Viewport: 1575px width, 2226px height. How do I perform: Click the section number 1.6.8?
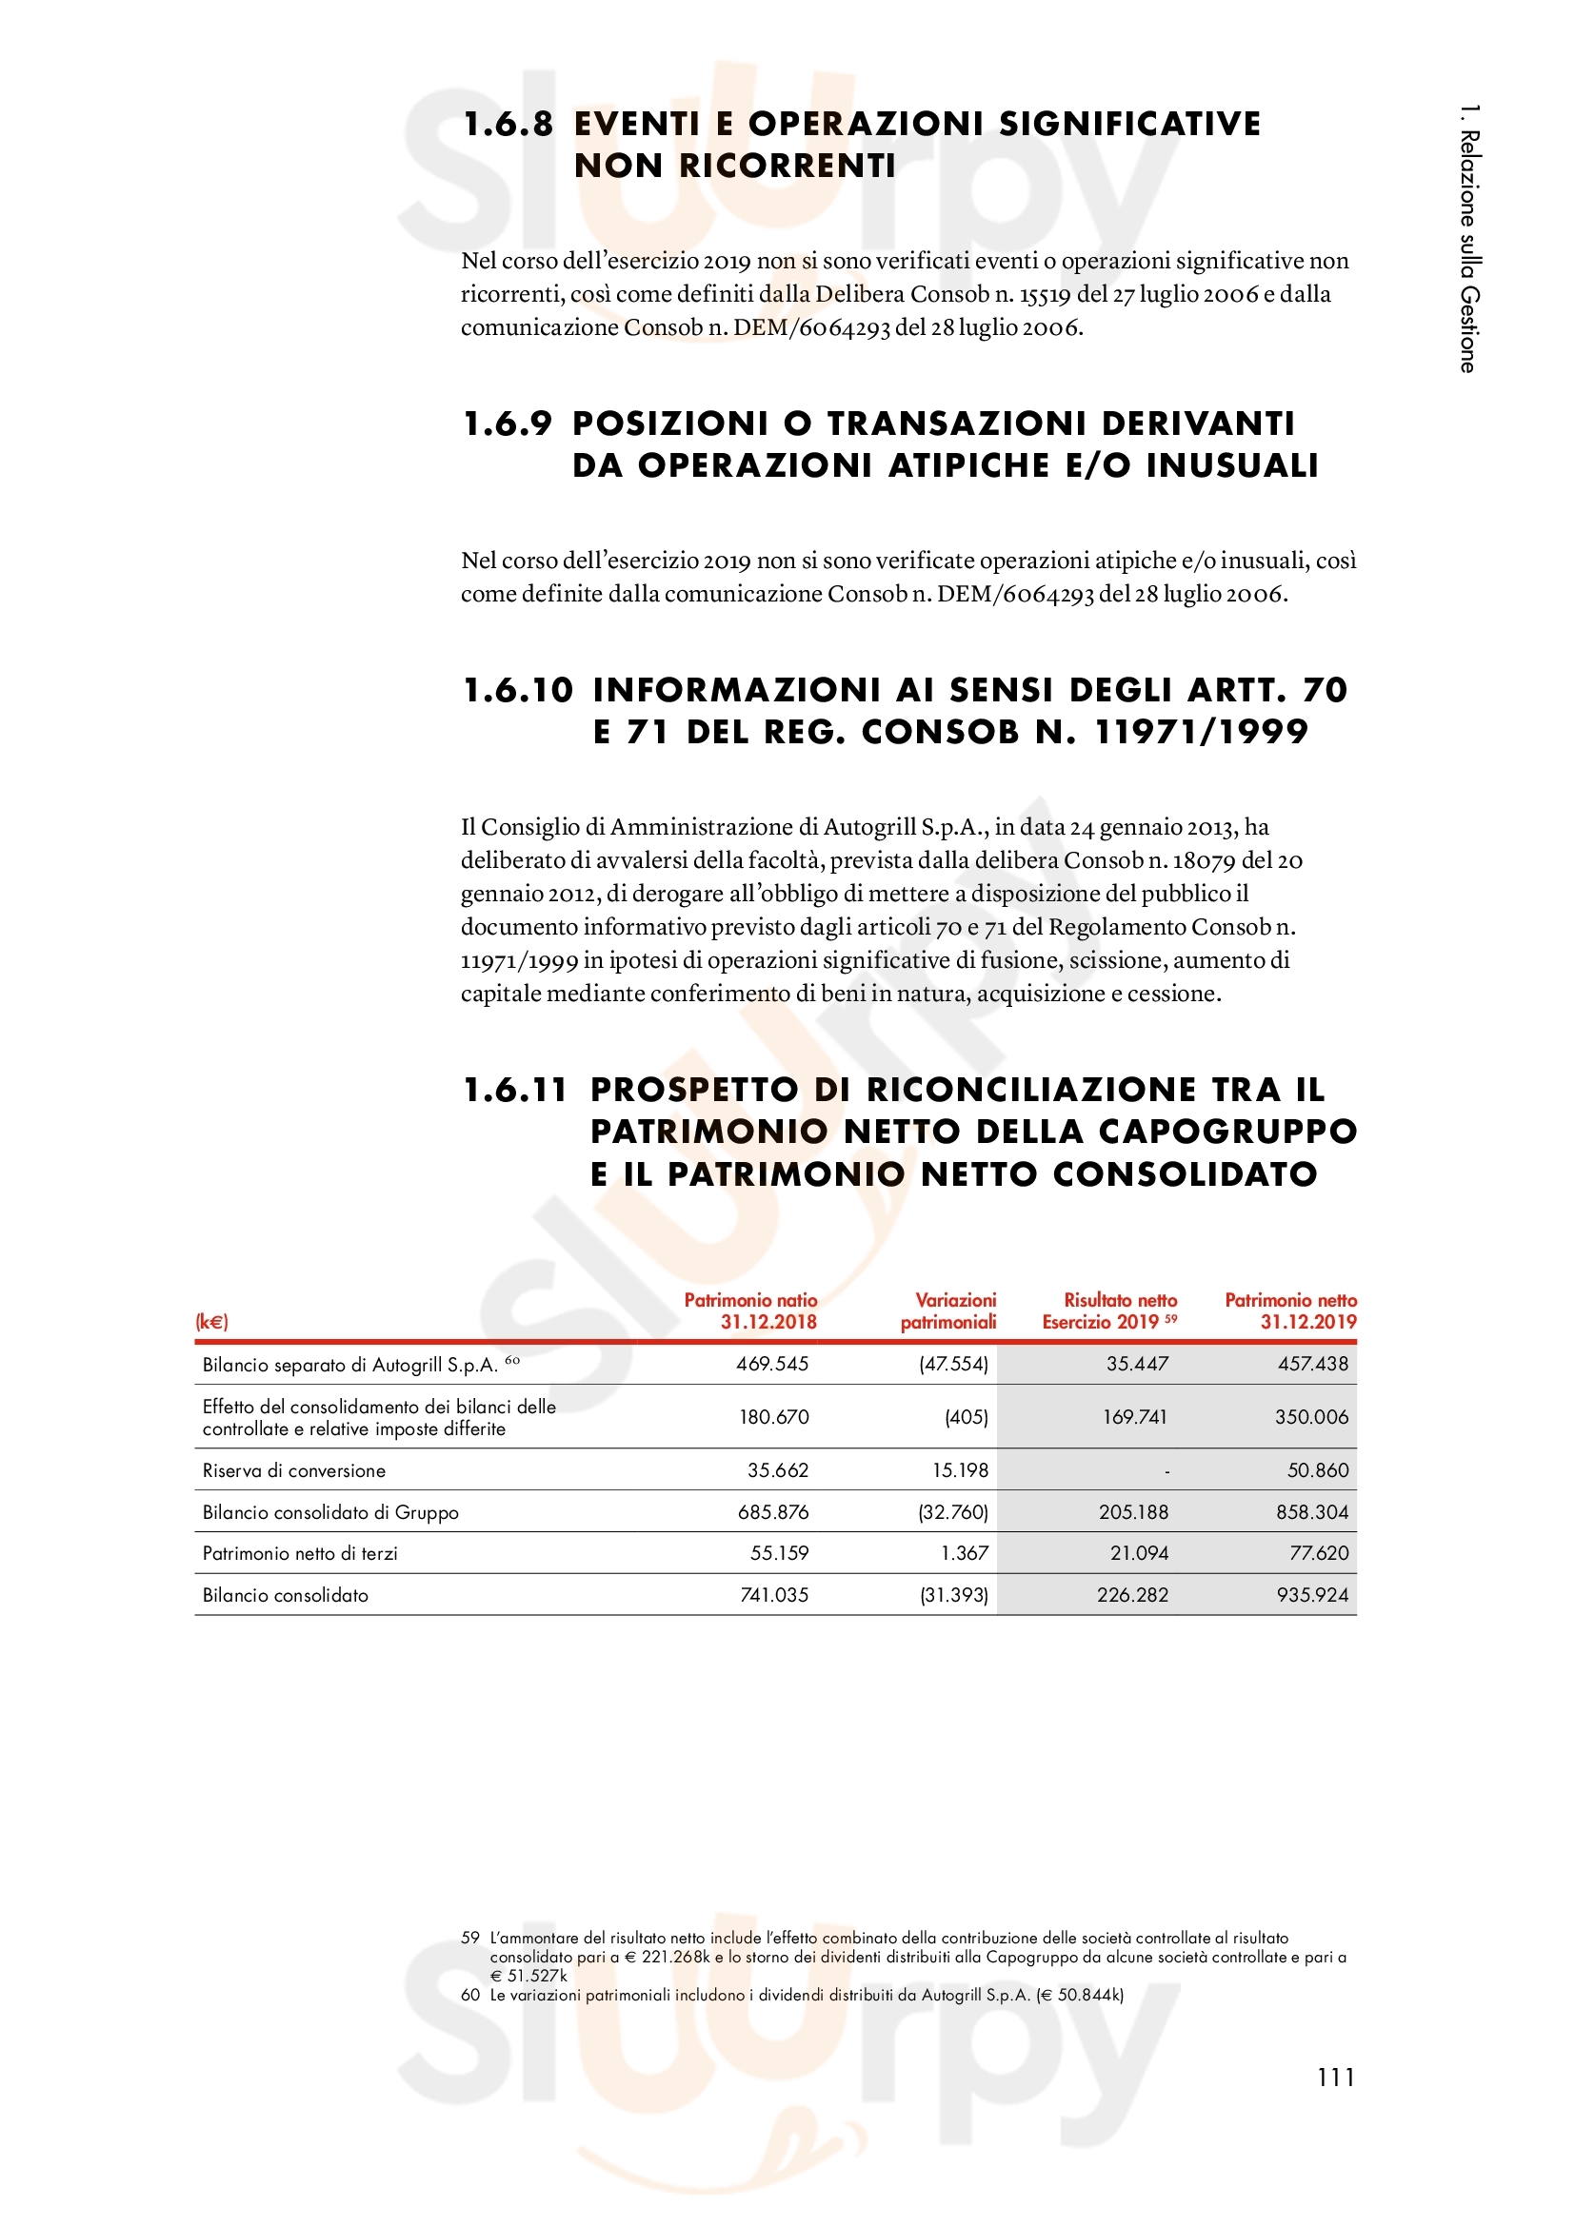pyautogui.click(x=508, y=124)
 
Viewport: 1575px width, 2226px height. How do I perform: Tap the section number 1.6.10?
pyautogui.click(x=518, y=690)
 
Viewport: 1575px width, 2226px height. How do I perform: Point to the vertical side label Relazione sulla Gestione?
pyautogui.click(x=1469, y=239)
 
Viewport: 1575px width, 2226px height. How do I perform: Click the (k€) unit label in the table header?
pyautogui.click(x=211, y=1322)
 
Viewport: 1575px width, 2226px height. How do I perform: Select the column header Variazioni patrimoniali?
pyautogui.click(x=948, y=1310)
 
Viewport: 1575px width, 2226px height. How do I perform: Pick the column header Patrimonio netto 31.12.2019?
pyautogui.click(x=1290, y=1310)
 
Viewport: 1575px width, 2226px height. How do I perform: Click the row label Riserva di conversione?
pyautogui.click(x=294, y=1470)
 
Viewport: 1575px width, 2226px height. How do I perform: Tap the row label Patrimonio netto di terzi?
pyautogui.click(x=300, y=1553)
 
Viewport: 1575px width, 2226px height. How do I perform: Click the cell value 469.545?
pyautogui.click(x=772, y=1364)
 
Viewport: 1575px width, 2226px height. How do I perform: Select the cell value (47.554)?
pyautogui.click(x=953, y=1364)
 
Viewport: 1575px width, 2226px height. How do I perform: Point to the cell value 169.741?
pyautogui.click(x=1134, y=1417)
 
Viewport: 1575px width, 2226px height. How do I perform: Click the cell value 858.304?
pyautogui.click(x=1312, y=1512)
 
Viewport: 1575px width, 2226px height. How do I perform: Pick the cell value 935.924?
pyautogui.click(x=1312, y=1595)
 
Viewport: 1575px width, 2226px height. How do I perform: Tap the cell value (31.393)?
pyautogui.click(x=953, y=1595)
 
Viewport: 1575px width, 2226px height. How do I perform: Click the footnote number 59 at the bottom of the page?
pyautogui.click(x=470, y=1938)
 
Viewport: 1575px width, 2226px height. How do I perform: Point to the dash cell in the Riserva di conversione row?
pyautogui.click(x=1166, y=1471)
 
